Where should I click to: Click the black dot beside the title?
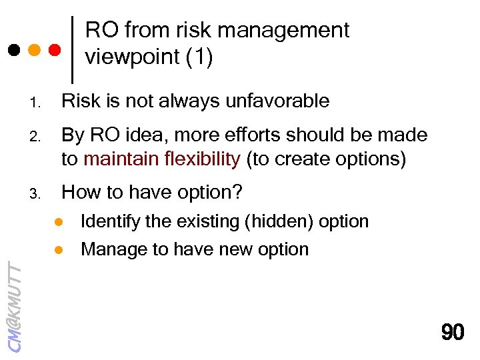[13, 50]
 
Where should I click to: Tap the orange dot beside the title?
[34, 50]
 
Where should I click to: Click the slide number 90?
[453, 332]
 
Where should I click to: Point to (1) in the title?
[199, 57]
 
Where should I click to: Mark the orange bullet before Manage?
[58, 249]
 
